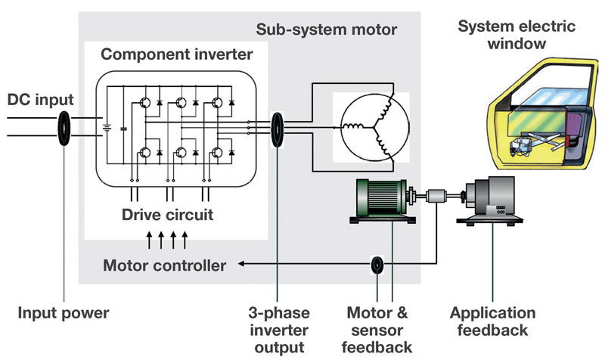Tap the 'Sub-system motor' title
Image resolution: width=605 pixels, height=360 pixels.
(x=337, y=31)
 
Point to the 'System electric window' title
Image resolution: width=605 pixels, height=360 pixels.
(x=517, y=36)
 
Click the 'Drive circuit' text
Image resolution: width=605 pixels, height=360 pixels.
(x=167, y=215)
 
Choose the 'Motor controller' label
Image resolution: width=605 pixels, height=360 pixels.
(x=165, y=265)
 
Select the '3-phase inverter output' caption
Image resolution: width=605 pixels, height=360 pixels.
(x=278, y=330)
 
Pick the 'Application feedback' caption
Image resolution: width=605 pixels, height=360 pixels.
(x=492, y=321)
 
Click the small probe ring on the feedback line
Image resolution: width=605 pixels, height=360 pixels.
(x=377, y=265)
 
